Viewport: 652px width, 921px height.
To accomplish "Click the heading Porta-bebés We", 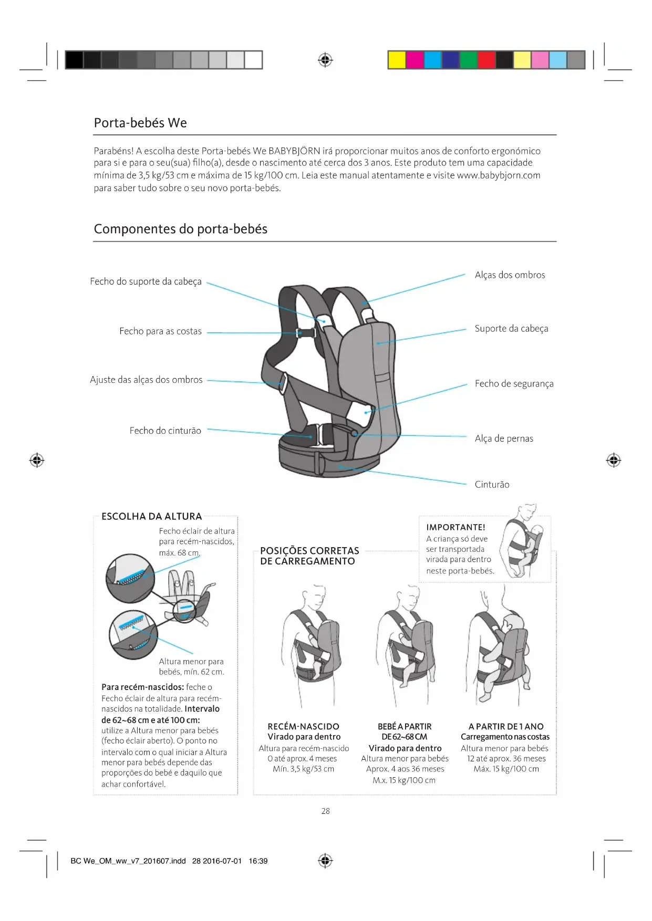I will (x=140, y=123).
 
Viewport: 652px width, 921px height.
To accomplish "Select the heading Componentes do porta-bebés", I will (x=180, y=229).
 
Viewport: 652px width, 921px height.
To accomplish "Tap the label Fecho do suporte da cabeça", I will (x=146, y=281).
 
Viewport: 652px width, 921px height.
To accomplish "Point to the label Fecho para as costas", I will (x=160, y=331).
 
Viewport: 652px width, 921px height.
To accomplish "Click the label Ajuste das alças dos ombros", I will (x=146, y=380).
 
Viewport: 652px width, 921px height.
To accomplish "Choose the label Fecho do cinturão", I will (x=165, y=431).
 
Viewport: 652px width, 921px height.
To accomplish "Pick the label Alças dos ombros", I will (x=510, y=275).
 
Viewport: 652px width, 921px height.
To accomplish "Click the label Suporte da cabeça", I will (x=511, y=329).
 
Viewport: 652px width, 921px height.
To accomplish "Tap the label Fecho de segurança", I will (x=514, y=384).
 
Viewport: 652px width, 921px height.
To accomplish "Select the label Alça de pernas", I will (x=504, y=438).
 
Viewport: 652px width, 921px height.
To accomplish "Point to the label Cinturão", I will (x=492, y=485).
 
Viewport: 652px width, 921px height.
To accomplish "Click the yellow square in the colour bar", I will (x=397, y=60).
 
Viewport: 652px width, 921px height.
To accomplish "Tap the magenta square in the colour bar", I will (x=415, y=60).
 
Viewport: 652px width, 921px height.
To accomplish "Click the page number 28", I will (x=326, y=811).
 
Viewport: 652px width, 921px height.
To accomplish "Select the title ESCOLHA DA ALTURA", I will (x=151, y=516).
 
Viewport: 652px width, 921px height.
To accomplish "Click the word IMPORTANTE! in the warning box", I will (x=456, y=527).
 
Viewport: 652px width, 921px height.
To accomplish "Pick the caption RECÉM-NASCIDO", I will (x=304, y=727).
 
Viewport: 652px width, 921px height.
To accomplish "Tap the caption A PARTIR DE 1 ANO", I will (x=505, y=727).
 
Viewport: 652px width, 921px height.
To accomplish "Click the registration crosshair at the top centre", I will (x=326, y=60).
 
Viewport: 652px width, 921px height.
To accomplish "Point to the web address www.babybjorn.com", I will (x=499, y=175).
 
